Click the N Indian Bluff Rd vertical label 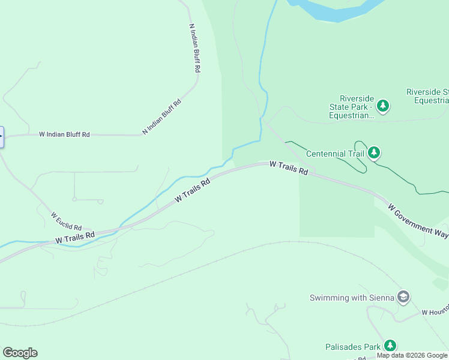194,49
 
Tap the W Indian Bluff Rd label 64,135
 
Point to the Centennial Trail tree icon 375,153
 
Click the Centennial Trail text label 335,154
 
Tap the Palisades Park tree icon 390,346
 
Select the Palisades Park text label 353,347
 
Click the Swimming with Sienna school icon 404,297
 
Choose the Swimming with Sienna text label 352,298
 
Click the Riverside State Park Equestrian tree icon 383,107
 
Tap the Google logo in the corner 20,353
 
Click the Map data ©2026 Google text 412,356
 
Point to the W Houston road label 435,313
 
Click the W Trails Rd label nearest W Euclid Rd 75,237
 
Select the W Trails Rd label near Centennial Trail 289,168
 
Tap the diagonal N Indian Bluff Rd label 161,117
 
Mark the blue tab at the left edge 2,137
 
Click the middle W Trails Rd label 193,190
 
